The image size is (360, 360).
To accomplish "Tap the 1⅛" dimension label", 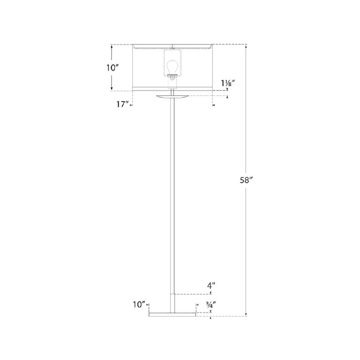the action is (228, 83).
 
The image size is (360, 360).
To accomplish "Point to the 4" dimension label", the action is (211, 286).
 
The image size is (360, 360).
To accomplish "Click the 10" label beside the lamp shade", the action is (112, 68).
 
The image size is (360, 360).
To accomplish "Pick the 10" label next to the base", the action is (139, 305).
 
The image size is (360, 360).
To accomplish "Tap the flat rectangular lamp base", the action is (172, 315).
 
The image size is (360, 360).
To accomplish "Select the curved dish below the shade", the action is (172, 97).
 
